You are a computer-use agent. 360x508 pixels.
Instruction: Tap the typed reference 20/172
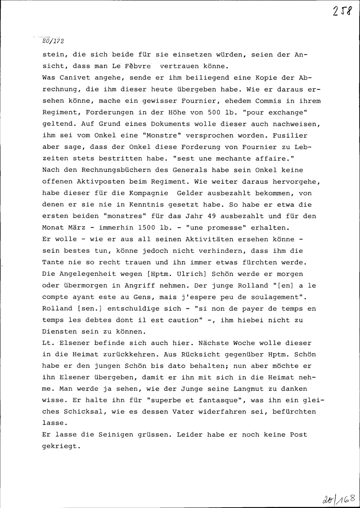coord(53,41)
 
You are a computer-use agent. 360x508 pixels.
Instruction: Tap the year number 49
coord(211,216)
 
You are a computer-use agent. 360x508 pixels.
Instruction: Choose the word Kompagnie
coord(147,193)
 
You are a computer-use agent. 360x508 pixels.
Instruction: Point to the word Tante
coord(53,262)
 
